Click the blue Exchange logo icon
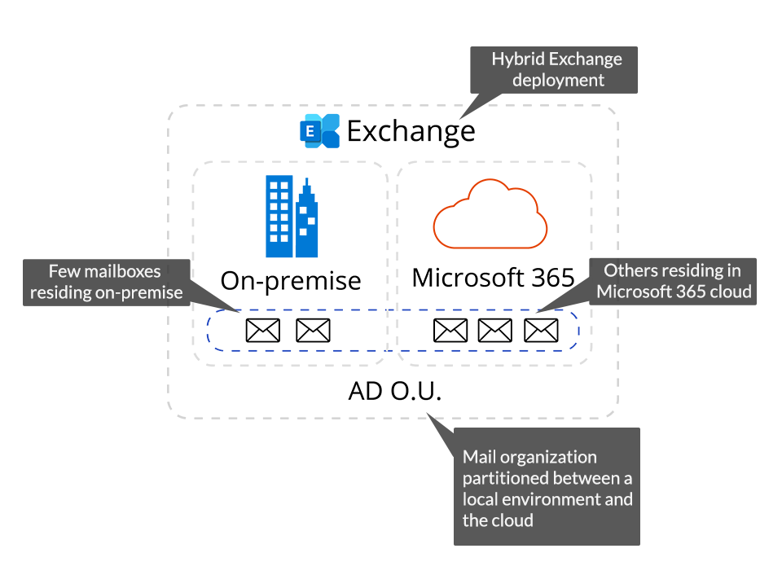coord(319,131)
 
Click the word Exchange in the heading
coord(411,131)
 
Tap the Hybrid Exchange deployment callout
coord(557,70)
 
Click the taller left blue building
coord(279,217)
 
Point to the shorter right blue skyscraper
coord(306,220)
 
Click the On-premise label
coord(290,280)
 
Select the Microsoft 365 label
coord(493,278)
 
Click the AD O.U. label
coord(394,392)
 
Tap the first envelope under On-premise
coord(262,330)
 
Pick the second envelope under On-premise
coord(313,330)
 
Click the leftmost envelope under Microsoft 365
coord(450,330)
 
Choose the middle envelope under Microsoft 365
coord(495,330)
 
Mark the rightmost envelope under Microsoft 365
coord(541,330)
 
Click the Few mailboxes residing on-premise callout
coord(106,282)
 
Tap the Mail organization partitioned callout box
coord(547,487)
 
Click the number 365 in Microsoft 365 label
coord(547,278)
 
